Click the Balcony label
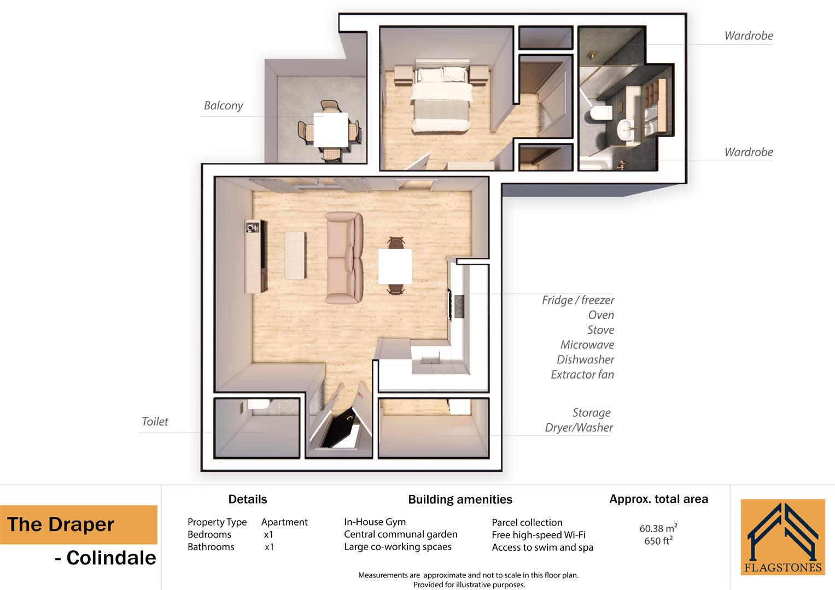point(223,105)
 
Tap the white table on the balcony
point(330,129)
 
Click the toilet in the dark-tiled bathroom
point(600,113)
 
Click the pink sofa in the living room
point(344,258)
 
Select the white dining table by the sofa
point(395,266)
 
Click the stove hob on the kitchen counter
point(458,306)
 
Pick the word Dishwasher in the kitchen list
point(585,359)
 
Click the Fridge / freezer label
point(578,300)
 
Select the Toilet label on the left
point(155,421)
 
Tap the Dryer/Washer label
point(579,427)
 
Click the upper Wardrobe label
point(748,36)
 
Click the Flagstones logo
point(783,537)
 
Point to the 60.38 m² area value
point(658,528)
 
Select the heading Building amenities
point(460,499)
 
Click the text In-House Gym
point(375,522)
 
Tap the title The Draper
point(61,524)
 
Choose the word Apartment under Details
point(284,522)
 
